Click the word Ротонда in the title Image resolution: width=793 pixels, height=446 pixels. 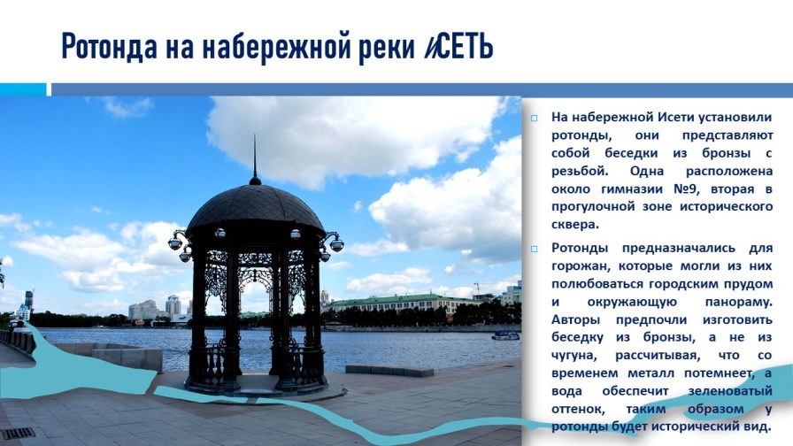tap(109, 47)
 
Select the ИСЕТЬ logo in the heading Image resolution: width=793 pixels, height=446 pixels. tap(458, 47)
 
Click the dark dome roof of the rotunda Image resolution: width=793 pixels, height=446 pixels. tap(256, 208)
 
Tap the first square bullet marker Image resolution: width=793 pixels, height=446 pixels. tap(534, 119)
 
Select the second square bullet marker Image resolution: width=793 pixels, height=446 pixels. tap(534, 249)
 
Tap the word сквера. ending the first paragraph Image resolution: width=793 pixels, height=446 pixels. tap(575, 225)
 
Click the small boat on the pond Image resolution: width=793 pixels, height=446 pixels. tap(505, 335)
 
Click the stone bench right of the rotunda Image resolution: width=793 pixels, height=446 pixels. tap(389, 370)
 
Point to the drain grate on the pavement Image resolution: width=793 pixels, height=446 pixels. tap(18, 434)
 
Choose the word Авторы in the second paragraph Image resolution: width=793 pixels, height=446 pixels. tap(575, 320)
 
